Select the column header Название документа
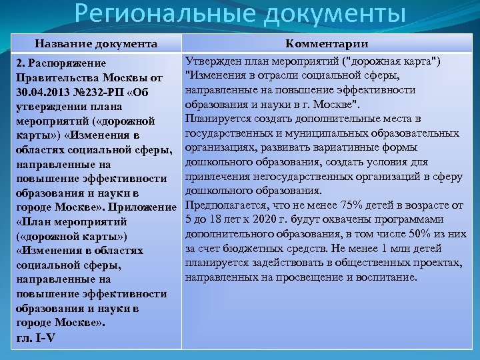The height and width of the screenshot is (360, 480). (x=97, y=44)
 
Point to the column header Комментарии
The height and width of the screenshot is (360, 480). (x=327, y=44)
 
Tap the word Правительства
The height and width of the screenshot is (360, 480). (x=53, y=77)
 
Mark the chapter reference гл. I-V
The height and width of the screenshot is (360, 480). (x=35, y=337)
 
